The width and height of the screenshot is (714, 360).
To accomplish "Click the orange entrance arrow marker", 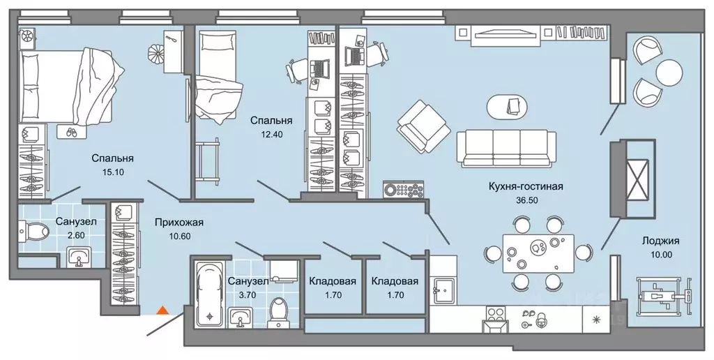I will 162,310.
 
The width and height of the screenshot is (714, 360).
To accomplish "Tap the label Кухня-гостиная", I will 526,186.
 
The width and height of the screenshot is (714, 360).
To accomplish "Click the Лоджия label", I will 662,241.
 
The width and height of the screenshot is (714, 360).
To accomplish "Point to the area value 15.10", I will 112,171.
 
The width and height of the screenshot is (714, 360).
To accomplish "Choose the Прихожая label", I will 181,223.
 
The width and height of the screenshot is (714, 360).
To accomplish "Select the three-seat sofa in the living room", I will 507,147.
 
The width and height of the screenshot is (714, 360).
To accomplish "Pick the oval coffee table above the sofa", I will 512,105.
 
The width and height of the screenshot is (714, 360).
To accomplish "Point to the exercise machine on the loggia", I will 663,294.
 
